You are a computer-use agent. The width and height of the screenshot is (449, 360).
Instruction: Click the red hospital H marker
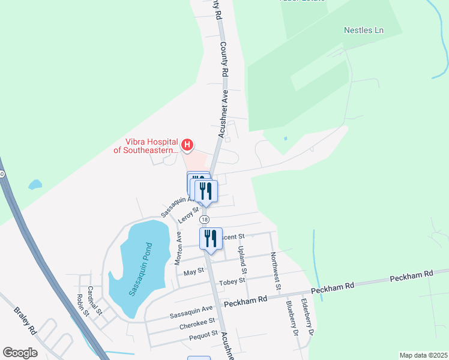(187, 145)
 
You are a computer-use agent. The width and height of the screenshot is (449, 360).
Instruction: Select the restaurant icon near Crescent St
(211, 238)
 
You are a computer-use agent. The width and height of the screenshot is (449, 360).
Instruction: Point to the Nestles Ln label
(364, 30)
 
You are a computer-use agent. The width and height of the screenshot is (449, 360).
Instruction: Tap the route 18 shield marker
(205, 220)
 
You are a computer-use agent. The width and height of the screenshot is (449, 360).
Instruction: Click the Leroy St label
(188, 214)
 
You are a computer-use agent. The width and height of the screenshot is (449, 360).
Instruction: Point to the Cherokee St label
(197, 327)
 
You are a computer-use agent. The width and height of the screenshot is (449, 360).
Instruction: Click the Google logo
(20, 353)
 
